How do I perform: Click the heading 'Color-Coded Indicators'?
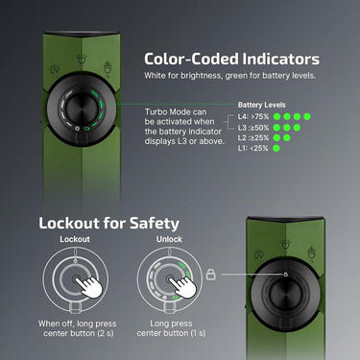[231, 60]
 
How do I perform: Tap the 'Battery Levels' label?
[261, 105]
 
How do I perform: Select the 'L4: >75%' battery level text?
[253, 116]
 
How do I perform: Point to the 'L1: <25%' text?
[252, 148]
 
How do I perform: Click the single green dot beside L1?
[276, 148]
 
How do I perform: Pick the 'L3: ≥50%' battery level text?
[253, 128]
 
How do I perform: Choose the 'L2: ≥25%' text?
[253, 138]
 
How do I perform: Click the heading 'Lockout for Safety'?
[108, 224]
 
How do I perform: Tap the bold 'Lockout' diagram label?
[75, 239]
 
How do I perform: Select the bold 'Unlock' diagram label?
[169, 239]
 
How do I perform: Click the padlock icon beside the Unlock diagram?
[211, 275]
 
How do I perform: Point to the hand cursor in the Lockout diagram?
[89, 286]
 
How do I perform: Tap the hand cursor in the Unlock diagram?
[183, 286]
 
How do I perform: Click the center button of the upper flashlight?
[82, 108]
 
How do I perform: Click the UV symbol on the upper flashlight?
[56, 71]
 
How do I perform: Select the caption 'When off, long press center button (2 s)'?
[78, 328]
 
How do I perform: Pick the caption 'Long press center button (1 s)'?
[171, 328]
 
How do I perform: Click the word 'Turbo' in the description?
[156, 112]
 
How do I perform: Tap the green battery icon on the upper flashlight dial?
[86, 129]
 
